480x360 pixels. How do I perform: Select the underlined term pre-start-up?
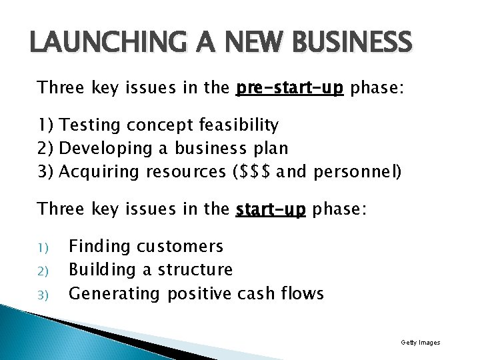(289, 88)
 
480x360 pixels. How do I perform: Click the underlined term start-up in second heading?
(271, 209)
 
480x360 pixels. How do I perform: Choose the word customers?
(180, 247)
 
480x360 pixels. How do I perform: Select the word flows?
(302, 293)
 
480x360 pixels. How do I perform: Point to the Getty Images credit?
(420, 343)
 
